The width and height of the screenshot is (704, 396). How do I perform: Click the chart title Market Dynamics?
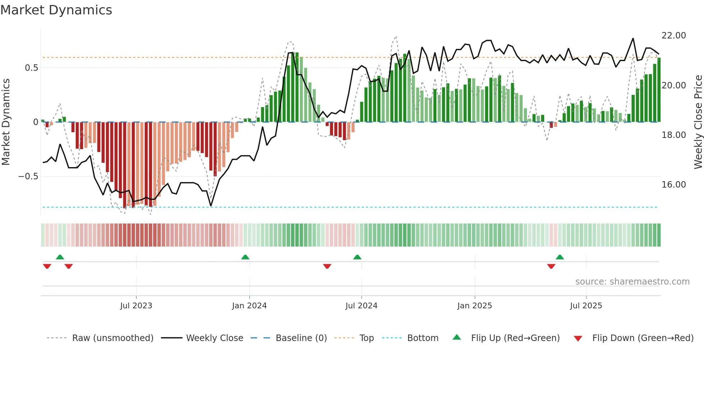pyautogui.click(x=56, y=10)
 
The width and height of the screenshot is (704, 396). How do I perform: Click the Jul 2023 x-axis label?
pyautogui.click(x=136, y=305)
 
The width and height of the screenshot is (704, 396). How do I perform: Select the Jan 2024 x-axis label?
pyautogui.click(x=249, y=305)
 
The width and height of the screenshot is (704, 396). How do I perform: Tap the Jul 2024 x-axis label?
pyautogui.click(x=361, y=305)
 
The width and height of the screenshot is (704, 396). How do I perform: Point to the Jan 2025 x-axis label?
pyautogui.click(x=474, y=305)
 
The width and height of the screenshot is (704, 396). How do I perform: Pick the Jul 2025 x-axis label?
pyautogui.click(x=586, y=305)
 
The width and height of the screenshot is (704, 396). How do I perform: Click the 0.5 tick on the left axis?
pyautogui.click(x=31, y=68)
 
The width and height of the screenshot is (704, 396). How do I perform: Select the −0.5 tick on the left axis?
pyautogui.click(x=28, y=176)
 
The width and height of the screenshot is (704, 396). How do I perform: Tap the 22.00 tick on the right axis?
pyautogui.click(x=674, y=36)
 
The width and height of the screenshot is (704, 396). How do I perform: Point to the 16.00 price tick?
pyautogui.click(x=674, y=185)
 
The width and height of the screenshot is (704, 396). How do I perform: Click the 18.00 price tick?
pyautogui.click(x=674, y=135)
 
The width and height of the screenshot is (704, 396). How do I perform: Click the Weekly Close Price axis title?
pyautogui.click(x=698, y=122)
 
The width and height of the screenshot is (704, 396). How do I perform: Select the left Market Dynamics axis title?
pyautogui.click(x=6, y=122)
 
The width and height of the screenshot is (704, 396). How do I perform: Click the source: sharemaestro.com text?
pyautogui.click(x=632, y=282)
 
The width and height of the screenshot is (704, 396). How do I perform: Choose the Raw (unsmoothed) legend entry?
pyautogui.click(x=112, y=338)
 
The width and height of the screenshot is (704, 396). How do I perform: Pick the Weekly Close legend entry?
pyautogui.click(x=214, y=338)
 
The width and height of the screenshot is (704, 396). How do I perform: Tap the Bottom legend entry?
pyautogui.click(x=423, y=338)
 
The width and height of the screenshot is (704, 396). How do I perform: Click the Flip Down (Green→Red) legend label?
pyautogui.click(x=643, y=338)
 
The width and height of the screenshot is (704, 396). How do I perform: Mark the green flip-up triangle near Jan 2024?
pyautogui.click(x=245, y=257)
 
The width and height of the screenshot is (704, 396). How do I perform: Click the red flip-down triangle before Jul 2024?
pyautogui.click(x=327, y=266)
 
